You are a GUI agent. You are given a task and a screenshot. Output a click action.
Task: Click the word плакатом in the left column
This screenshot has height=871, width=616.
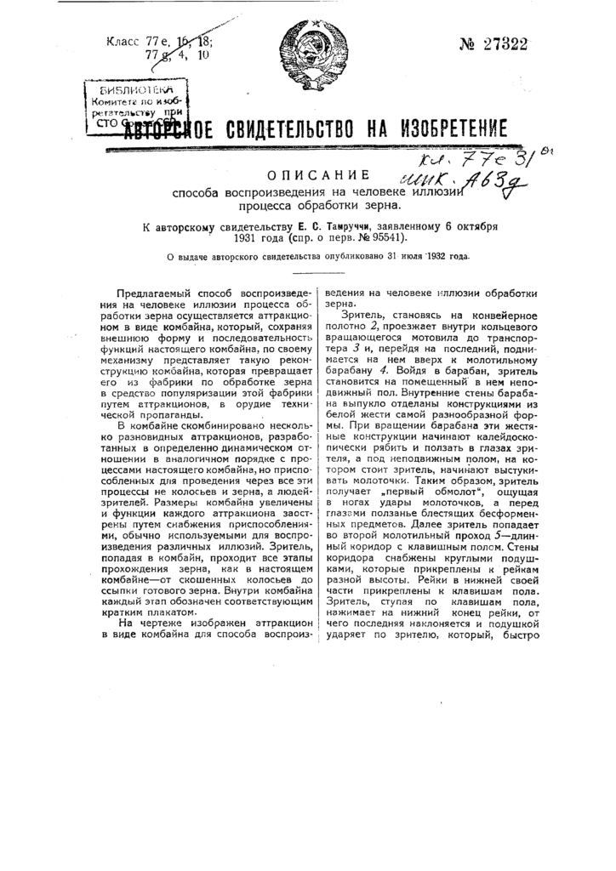click(x=168, y=612)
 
